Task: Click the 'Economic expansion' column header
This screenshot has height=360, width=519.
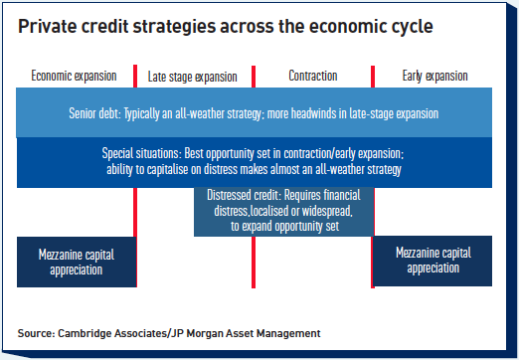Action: tap(74, 76)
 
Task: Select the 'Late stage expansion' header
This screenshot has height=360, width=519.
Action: tap(194, 76)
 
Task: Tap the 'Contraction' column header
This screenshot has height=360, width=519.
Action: tap(312, 76)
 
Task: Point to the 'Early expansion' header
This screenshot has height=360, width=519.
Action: tap(434, 76)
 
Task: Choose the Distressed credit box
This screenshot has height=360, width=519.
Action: tap(283, 211)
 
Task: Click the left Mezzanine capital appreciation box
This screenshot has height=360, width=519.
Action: tap(75, 261)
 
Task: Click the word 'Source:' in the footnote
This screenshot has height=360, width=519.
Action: tap(38, 332)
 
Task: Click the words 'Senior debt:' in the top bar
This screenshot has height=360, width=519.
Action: tap(106, 113)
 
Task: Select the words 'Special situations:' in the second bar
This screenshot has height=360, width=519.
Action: tap(145, 155)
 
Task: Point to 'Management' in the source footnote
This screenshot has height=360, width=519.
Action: tap(288, 332)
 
